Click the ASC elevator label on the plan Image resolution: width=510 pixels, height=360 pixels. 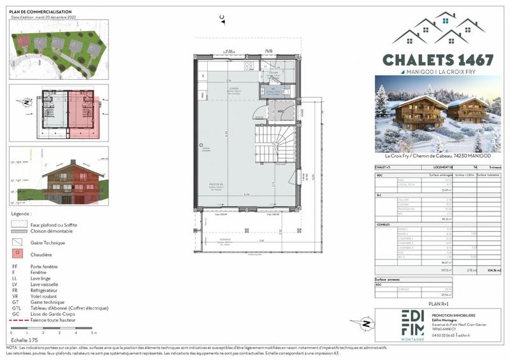[279, 110]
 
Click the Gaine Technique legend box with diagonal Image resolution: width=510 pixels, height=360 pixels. [18, 242]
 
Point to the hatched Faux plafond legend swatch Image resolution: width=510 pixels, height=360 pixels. [18, 224]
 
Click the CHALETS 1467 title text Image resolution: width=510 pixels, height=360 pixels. [437, 60]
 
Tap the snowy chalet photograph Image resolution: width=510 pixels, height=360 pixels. [437, 113]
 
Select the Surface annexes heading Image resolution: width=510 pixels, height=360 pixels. [390, 280]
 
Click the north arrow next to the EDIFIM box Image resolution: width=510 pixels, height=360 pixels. [366, 324]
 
